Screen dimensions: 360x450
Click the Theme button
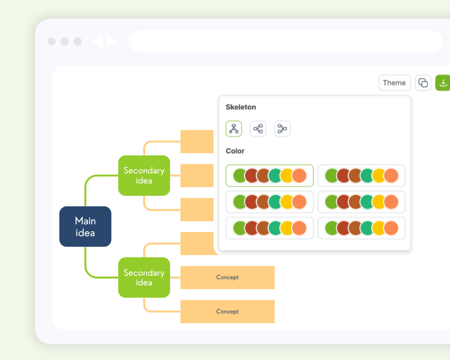click(x=394, y=83)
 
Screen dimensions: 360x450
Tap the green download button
click(x=443, y=83)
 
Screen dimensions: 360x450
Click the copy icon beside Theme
click(x=423, y=83)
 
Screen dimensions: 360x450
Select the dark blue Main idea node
click(x=85, y=227)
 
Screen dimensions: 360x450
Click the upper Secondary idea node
click(x=144, y=176)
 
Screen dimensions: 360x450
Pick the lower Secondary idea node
click(x=144, y=277)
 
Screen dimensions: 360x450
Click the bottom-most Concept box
click(x=227, y=311)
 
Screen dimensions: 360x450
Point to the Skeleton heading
click(x=241, y=107)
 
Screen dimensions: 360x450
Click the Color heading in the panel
click(x=235, y=151)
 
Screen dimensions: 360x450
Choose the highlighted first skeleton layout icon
click(x=234, y=129)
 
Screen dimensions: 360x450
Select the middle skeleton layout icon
click(x=258, y=129)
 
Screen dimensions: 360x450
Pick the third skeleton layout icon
click(x=282, y=129)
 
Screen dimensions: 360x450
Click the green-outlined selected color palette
click(x=269, y=176)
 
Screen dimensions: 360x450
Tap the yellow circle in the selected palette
click(x=287, y=176)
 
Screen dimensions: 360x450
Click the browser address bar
click(x=286, y=41)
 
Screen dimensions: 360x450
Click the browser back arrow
click(x=97, y=42)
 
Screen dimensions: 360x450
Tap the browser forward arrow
click(x=112, y=42)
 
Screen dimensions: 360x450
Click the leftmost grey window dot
click(x=51, y=41)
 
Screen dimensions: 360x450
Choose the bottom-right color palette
click(x=361, y=228)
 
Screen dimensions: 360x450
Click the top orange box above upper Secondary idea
click(x=197, y=141)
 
